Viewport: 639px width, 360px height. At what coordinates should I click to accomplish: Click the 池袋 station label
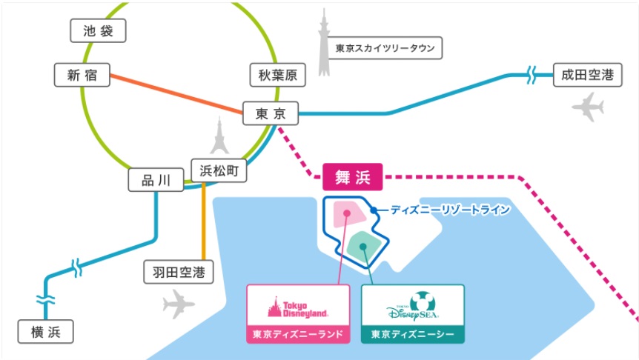tap(98, 30)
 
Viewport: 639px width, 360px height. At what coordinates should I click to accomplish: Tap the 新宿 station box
tap(82, 75)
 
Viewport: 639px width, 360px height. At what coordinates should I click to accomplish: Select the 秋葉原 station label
tap(277, 75)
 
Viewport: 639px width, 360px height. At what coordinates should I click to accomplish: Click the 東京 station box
tap(271, 113)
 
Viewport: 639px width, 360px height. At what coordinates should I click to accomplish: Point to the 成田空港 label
tap(588, 75)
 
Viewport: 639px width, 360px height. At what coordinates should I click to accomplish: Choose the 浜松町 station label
tap(219, 170)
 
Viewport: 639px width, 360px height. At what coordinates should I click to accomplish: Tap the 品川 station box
tap(156, 179)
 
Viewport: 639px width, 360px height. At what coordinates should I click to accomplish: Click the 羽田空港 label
tap(179, 272)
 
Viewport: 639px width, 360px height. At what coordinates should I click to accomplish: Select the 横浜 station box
tap(46, 332)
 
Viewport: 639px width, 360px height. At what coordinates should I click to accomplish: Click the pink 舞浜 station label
tap(353, 177)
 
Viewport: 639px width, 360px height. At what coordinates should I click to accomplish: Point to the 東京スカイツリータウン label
tap(385, 48)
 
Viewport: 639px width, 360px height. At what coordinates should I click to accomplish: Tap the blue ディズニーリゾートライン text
tap(450, 210)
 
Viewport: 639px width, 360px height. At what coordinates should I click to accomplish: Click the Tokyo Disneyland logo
tap(298, 308)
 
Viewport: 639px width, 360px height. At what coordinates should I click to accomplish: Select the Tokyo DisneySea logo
tap(413, 306)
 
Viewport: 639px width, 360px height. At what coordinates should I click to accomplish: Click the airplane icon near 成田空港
tap(588, 107)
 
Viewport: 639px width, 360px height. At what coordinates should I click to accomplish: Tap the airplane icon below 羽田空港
tap(178, 304)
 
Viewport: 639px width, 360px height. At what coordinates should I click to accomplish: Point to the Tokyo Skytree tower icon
tap(324, 42)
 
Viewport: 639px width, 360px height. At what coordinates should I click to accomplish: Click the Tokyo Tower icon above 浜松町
tap(219, 136)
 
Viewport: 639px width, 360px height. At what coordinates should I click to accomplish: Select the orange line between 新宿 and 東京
tap(176, 93)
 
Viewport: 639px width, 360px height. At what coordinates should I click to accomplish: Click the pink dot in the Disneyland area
tap(347, 213)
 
